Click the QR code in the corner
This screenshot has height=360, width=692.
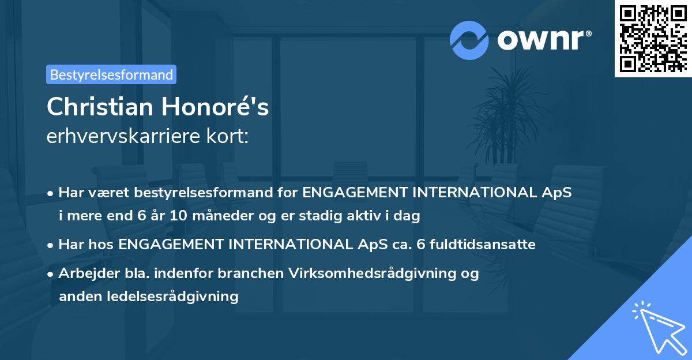tap(653, 39)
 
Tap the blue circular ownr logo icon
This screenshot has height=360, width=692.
tap(469, 40)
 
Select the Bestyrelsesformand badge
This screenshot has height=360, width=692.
tap(111, 74)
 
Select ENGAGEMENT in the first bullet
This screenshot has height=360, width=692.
tap(354, 193)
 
